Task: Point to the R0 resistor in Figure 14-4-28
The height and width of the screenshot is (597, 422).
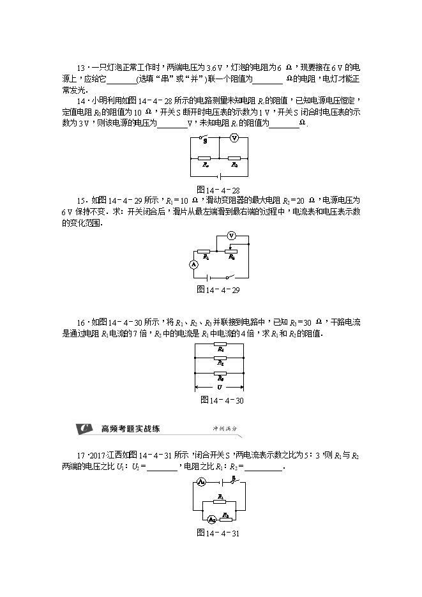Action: pyautogui.click(x=234, y=158)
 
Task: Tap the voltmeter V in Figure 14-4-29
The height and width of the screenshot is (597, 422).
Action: pyautogui.click(x=232, y=236)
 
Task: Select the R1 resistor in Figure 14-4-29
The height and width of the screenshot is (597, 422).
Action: pyautogui.click(x=205, y=251)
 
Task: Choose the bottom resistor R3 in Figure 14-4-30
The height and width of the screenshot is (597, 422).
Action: pyautogui.click(x=220, y=374)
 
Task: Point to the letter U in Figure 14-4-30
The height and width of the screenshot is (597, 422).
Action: pyautogui.click(x=220, y=387)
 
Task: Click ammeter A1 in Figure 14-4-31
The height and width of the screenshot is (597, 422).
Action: pyautogui.click(x=200, y=482)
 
